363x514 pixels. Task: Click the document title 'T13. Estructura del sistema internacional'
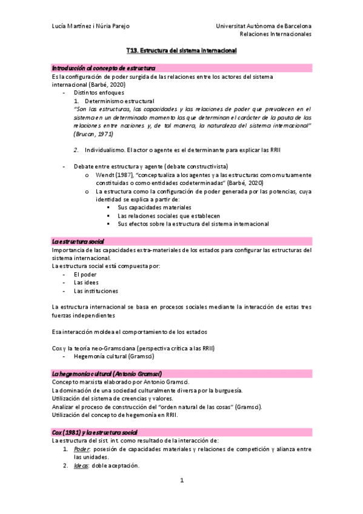tap(181, 52)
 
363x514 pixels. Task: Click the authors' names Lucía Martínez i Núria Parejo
tap(90, 27)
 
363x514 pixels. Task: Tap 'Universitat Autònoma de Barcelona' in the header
tap(264, 27)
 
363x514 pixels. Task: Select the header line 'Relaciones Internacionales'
tap(276, 35)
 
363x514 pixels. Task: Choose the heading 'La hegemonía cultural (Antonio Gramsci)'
tap(107, 372)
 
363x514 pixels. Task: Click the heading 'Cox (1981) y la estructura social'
tap(95, 431)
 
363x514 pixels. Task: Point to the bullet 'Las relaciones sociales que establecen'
tap(168, 215)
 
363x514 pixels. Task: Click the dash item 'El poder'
tap(85, 274)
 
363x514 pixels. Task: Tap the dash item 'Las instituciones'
tap(96, 290)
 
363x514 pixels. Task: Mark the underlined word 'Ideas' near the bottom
tap(81, 466)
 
